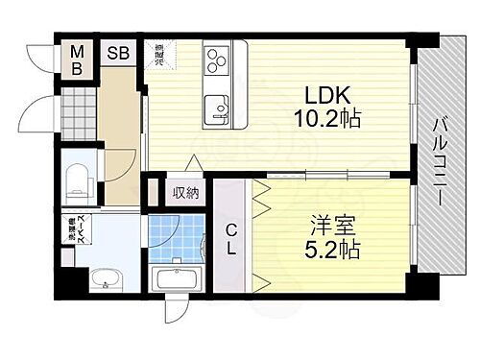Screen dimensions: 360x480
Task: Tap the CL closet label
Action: point(231,235)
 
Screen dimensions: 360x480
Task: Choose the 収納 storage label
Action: point(185,192)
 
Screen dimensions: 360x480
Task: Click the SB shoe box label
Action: point(119,54)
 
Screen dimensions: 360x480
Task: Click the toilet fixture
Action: point(77,180)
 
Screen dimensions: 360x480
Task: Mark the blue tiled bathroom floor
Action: point(177,237)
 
